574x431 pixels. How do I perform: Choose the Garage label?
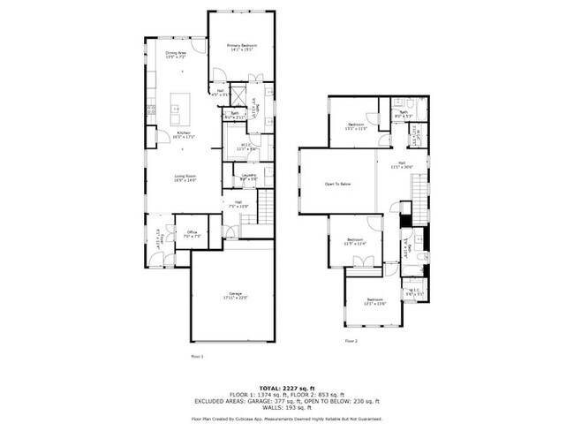click(x=235, y=295)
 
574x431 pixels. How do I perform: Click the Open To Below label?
click(x=337, y=184)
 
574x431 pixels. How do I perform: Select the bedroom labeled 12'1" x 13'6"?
click(x=376, y=302)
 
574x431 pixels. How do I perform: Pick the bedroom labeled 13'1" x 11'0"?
click(x=357, y=126)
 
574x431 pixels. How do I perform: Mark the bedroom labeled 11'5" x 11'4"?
click(x=355, y=242)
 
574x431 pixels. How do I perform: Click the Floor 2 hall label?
click(x=402, y=164)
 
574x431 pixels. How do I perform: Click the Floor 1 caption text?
click(x=197, y=357)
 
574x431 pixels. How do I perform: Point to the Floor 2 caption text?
click(x=351, y=340)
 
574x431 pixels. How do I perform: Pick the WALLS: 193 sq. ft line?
click(x=287, y=408)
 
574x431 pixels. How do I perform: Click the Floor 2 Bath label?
click(x=403, y=114)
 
